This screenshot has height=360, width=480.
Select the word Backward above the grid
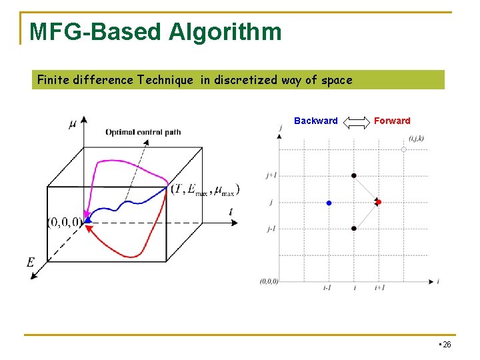point(315,121)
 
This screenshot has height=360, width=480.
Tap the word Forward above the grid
point(392,121)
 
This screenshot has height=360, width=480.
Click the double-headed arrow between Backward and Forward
point(356,121)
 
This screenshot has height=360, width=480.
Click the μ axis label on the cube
point(72,125)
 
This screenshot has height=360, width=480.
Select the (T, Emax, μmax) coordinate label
point(205,190)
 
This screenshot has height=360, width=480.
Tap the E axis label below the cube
point(31,263)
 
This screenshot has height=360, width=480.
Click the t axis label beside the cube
point(231,212)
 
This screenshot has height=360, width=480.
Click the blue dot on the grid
point(329,203)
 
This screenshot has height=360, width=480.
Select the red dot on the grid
point(378,202)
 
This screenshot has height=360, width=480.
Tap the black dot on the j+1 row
point(354,175)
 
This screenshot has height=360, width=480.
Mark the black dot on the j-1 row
point(354,229)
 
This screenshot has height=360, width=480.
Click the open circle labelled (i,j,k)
point(403,149)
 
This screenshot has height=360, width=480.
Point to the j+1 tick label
point(271,175)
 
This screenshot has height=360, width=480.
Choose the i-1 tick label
point(327,288)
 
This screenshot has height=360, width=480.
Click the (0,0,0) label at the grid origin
point(269,281)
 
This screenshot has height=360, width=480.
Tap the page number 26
point(446,345)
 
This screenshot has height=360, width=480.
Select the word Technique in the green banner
point(165,80)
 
